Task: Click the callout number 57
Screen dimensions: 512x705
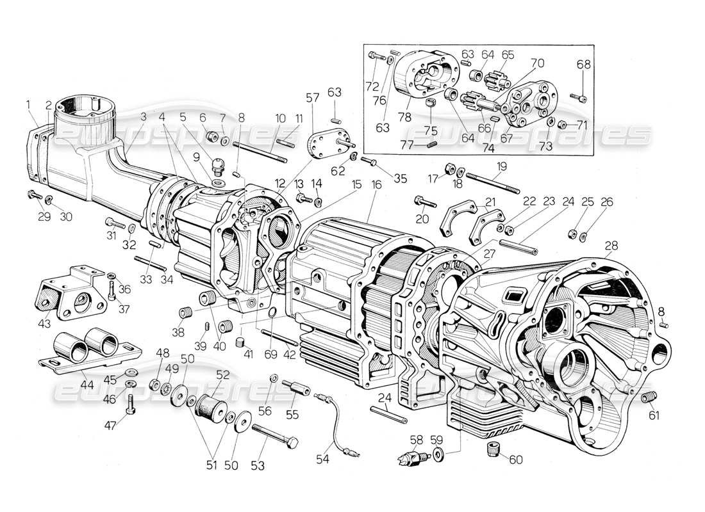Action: [312, 99]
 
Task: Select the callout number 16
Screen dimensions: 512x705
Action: [376, 184]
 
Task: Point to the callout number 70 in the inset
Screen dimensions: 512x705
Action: [537, 63]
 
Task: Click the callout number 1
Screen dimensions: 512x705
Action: [28, 104]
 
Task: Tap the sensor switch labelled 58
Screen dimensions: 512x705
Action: [408, 457]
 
